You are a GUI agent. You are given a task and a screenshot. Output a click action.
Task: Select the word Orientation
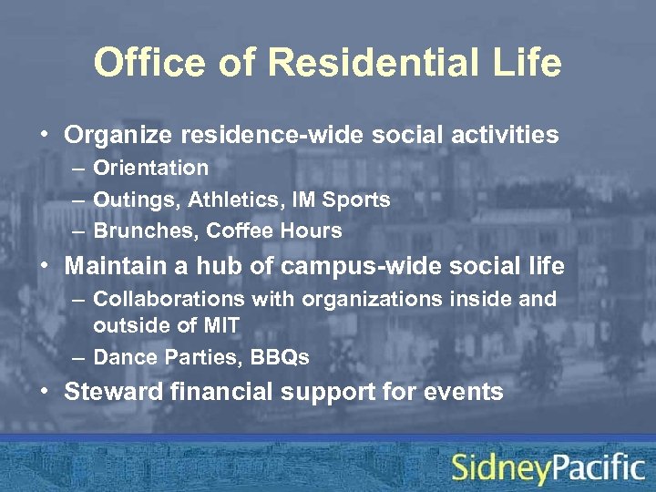point(151,168)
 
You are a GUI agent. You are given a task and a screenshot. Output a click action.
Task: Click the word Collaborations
point(164,299)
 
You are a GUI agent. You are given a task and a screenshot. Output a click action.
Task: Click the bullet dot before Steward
point(45,393)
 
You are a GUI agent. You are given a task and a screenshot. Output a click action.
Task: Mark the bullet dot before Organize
point(45,136)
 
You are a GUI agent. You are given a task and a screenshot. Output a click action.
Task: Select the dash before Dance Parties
point(74,358)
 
